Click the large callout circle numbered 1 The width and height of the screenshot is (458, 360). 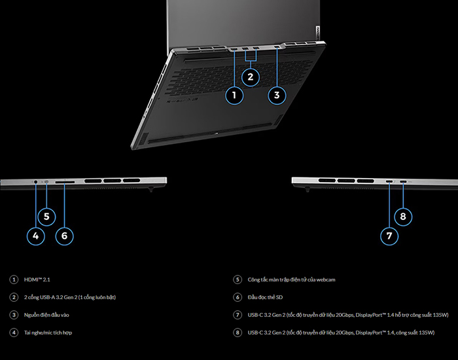234,96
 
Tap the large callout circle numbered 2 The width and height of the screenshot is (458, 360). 251,77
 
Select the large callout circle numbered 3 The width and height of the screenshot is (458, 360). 277,96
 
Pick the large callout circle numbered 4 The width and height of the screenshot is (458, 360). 35,236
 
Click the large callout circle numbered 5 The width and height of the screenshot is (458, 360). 46,217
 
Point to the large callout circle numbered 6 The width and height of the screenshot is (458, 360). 64,236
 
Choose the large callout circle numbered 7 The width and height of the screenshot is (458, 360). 389,236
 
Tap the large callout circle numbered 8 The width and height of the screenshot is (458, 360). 403,217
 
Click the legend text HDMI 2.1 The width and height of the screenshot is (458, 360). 37,279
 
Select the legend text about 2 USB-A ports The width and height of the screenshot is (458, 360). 70,297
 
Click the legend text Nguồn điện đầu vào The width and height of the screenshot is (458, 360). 46,315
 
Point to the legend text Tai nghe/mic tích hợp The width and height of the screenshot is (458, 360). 48,333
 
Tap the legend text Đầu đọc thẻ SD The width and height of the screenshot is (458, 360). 265,297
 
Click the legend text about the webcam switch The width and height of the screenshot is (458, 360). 292,279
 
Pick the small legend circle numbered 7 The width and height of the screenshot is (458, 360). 238,315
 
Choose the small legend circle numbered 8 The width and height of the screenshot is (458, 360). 238,333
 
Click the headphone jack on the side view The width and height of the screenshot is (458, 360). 35,182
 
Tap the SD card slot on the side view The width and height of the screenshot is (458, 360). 65,182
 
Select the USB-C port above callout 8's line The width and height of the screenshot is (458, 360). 404,182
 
